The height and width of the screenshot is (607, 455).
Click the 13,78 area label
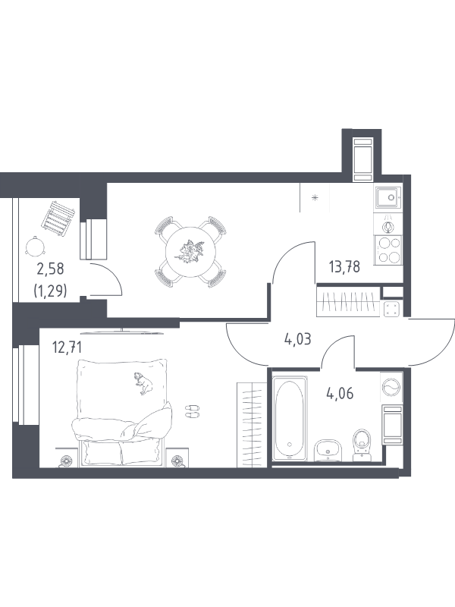[344, 267]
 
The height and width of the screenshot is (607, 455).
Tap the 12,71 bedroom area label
[67, 348]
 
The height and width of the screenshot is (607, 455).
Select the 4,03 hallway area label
[297, 340]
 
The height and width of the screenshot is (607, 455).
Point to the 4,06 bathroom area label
[340, 394]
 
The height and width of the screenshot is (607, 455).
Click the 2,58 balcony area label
[50, 269]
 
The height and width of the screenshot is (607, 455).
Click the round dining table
[190, 252]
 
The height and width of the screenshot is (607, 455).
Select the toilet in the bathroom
[362, 445]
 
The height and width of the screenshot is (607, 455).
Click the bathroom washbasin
[328, 450]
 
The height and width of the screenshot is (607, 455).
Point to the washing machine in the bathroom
[391, 387]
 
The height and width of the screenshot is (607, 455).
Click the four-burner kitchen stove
[388, 250]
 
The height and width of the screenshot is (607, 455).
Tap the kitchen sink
[388, 197]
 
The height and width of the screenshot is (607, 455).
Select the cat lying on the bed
[143, 382]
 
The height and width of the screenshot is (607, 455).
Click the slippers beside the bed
[192, 411]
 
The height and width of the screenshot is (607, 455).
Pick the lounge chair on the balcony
[58, 218]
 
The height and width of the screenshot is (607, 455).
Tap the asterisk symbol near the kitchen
[315, 198]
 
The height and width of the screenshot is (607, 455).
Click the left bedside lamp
[66, 461]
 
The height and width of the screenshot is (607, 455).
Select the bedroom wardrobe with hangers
[252, 425]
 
